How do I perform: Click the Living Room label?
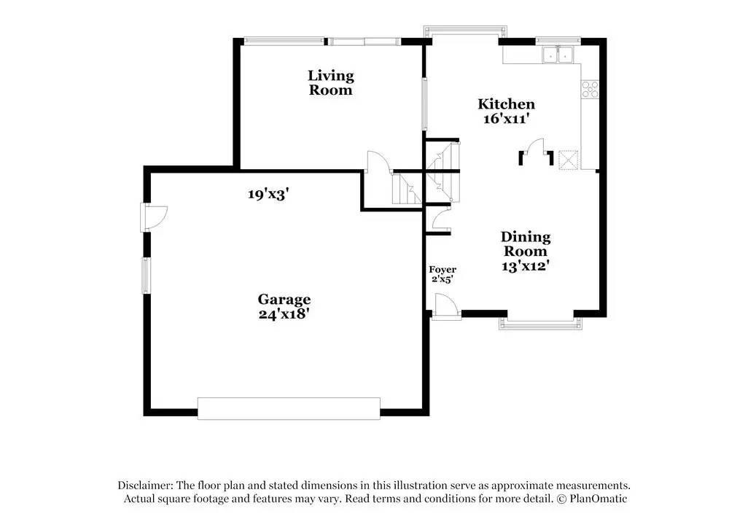coord(330,82)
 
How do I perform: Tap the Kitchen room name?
coord(506,104)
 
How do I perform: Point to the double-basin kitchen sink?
coord(558,55)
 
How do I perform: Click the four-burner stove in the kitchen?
coord(590,89)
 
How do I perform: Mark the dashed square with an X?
coord(568,160)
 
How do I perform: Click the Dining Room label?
coord(525,244)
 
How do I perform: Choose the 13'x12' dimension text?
coord(525,266)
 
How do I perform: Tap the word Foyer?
coord(443,270)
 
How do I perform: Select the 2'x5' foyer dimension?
coord(443,279)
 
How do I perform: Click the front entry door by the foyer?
coord(445,307)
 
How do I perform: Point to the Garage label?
coord(284,300)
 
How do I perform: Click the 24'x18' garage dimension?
coord(284,314)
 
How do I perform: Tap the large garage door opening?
coord(289,408)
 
